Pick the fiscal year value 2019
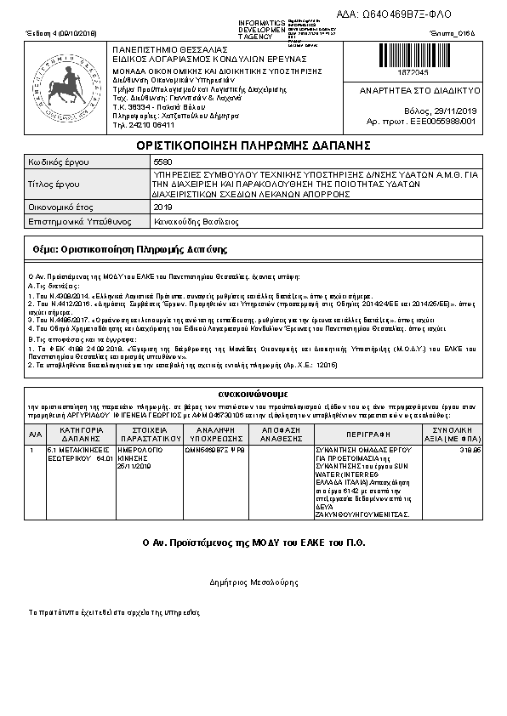[162, 206]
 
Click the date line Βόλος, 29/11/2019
[441, 111]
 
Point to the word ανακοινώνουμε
[253, 395]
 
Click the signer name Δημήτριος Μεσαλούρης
[253, 582]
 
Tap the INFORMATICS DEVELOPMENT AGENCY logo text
[262, 29]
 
